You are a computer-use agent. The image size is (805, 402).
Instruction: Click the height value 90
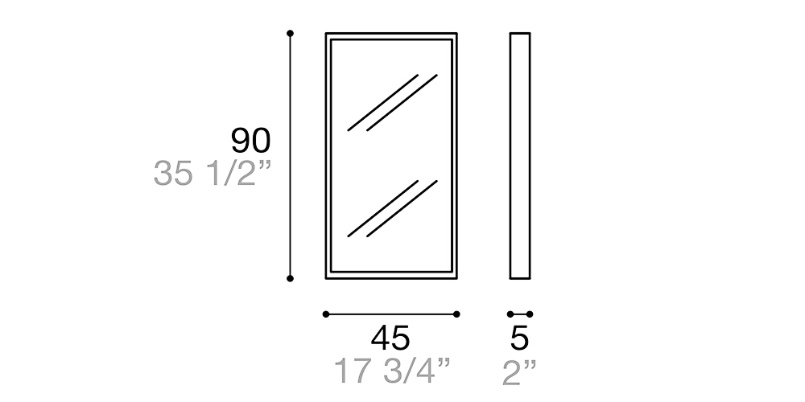(250, 141)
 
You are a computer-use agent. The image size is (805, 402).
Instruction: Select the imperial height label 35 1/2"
(212, 174)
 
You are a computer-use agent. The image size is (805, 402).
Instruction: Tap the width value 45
(390, 338)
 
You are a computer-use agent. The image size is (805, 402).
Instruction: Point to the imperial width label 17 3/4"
(391, 371)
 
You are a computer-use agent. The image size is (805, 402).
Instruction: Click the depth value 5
(520, 338)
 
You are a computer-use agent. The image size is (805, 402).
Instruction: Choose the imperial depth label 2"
(519, 371)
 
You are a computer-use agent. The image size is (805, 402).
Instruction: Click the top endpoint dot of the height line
(290, 33)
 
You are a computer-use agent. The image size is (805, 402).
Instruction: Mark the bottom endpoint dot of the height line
(290, 278)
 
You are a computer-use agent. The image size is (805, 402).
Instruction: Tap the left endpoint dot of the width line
(325, 314)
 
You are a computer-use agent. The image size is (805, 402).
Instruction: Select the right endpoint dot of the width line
(456, 314)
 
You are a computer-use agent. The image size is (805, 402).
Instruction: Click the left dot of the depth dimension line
(510, 314)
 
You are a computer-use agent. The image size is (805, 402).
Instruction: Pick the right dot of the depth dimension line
(530, 314)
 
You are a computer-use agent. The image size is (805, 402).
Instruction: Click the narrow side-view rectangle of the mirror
(520, 156)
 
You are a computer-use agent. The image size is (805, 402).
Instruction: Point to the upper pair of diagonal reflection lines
(392, 102)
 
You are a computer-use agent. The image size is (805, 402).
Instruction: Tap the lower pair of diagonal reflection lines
(392, 208)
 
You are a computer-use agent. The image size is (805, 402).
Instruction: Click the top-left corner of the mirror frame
(327, 35)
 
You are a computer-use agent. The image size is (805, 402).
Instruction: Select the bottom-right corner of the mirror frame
(456, 277)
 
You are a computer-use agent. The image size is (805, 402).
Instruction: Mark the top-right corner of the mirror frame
(456, 35)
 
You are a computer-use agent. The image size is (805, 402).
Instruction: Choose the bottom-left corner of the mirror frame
(327, 277)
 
